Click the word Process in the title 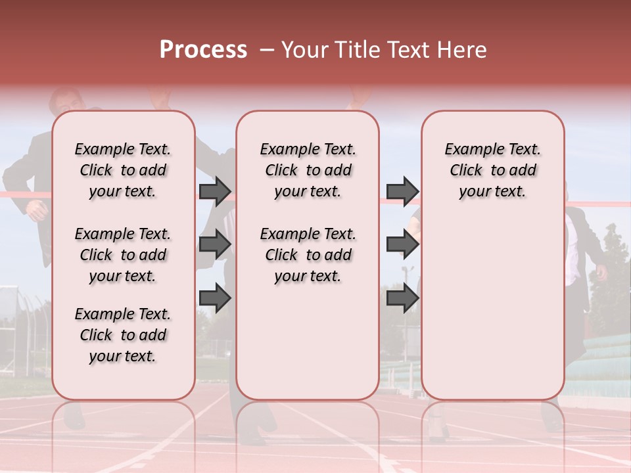[203, 50]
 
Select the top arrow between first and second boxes [215, 191]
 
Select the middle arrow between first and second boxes [215, 244]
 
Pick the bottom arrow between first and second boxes [215, 298]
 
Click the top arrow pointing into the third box [402, 191]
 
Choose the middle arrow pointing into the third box [402, 244]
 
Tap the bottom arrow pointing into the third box [402, 298]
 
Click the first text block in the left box [123, 170]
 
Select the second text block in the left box [123, 255]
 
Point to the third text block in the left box [123, 335]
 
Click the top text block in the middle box [308, 170]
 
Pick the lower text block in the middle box [308, 255]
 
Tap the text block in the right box [492, 170]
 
